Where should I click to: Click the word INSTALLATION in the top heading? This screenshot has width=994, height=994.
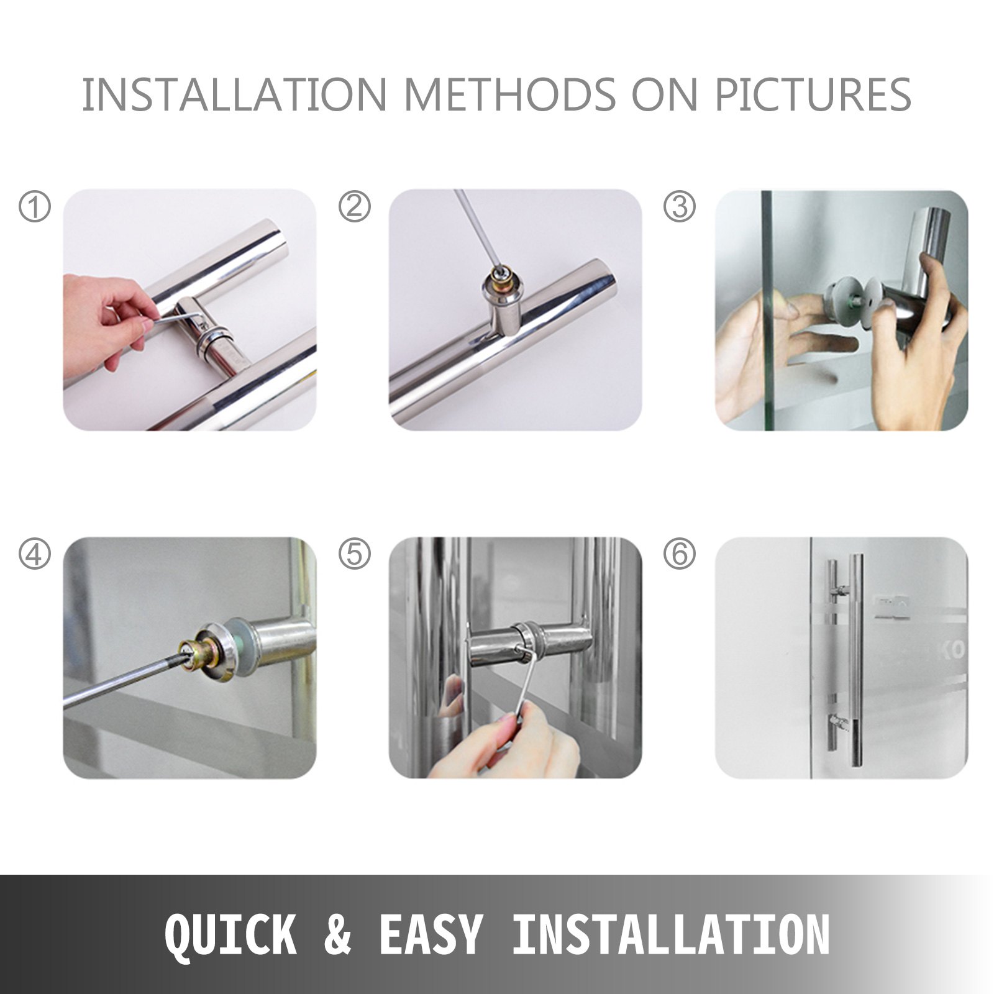click(234, 95)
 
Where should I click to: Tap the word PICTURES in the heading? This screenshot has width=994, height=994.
click(813, 95)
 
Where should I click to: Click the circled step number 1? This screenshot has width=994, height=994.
click(34, 206)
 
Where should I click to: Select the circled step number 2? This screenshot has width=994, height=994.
click(354, 206)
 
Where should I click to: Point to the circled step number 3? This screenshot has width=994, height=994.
click(679, 206)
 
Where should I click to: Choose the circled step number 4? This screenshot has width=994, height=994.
click(34, 554)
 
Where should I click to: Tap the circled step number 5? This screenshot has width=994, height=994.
click(354, 554)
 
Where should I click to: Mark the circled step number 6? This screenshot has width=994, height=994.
click(679, 554)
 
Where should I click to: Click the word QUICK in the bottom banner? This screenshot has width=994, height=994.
click(230, 934)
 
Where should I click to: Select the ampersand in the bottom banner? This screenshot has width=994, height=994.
click(337, 934)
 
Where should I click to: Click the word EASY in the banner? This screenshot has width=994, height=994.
click(430, 934)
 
